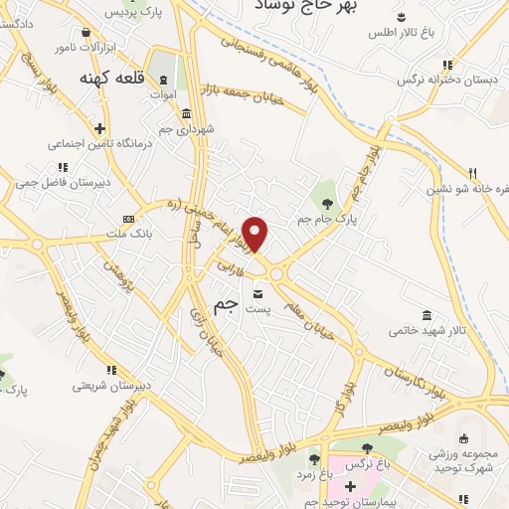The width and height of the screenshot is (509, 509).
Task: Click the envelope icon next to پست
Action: (258, 294)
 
